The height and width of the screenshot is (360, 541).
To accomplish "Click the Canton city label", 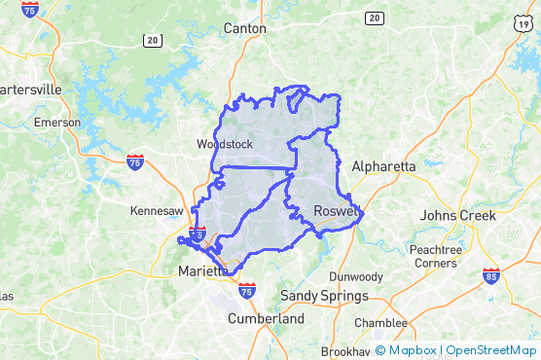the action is tap(244, 28).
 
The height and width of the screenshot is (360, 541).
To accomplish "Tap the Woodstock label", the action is tap(224, 144).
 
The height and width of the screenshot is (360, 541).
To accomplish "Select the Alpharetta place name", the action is tap(383, 166).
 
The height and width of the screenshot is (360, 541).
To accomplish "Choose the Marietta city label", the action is tap(201, 271).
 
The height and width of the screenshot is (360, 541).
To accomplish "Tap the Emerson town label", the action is tap(56, 123).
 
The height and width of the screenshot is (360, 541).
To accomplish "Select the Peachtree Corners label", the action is tap(436, 256).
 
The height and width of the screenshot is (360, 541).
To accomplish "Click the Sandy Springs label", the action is tap(324, 295).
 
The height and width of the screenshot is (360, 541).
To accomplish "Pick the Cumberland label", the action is tap(266, 318).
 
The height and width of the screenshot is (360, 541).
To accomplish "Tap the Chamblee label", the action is tap(380, 322).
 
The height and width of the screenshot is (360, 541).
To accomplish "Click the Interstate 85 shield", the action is tap(491, 277).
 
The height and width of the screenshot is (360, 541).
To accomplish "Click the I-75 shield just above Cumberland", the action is tap(247, 290).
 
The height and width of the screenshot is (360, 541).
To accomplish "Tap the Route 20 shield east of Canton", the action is tap(375, 18).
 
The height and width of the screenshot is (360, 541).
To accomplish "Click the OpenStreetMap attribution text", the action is tap(491, 350).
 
